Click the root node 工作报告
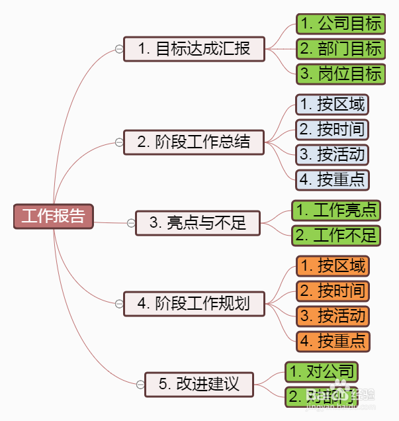54,216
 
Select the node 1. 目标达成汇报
194,49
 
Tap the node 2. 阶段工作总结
194,142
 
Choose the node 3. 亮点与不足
198,223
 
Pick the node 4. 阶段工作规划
194,304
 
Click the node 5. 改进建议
199,384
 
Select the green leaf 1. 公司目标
341,24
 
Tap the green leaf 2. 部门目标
341,49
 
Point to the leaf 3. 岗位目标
341,73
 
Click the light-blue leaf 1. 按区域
332,105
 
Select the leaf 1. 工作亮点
337,210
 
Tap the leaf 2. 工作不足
337,235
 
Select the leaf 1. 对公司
322,372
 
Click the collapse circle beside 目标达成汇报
118,49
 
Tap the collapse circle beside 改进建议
140,384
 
